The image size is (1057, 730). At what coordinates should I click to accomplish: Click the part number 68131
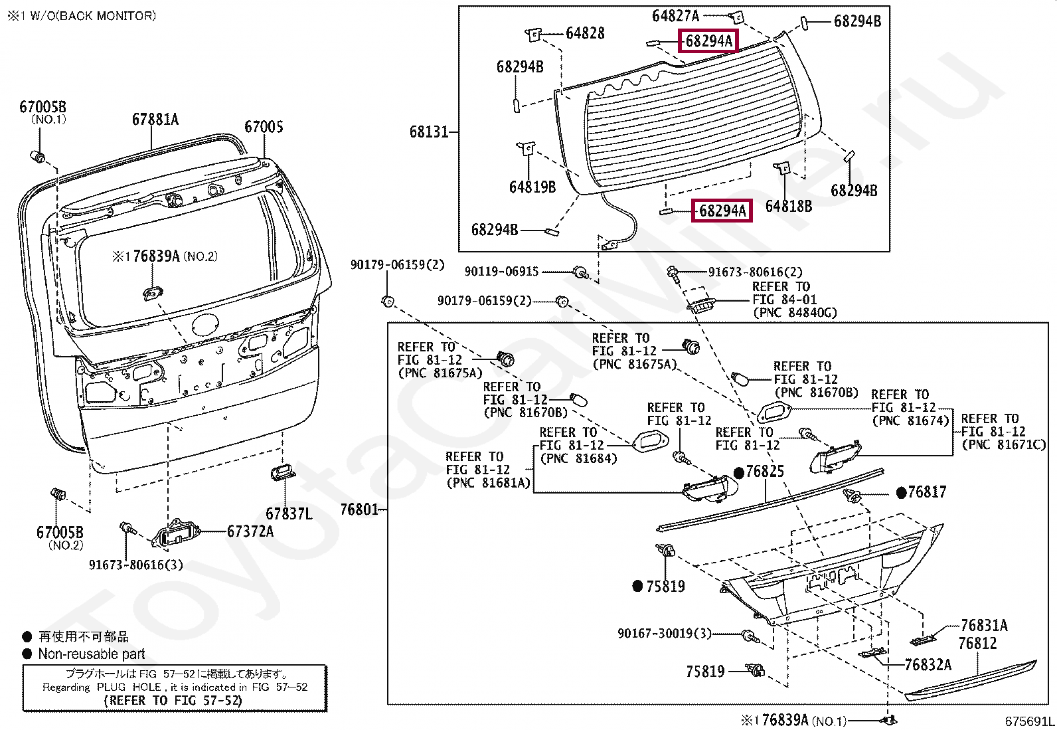(x=428, y=132)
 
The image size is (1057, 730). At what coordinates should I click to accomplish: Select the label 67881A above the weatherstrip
(x=155, y=120)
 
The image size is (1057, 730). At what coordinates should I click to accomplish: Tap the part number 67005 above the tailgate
(x=264, y=127)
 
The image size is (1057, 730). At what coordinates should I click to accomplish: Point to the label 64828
(x=585, y=33)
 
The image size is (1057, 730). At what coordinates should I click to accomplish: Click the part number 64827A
(x=675, y=16)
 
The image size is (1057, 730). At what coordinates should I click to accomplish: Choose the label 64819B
(x=532, y=187)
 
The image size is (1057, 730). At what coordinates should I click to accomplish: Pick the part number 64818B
(x=789, y=206)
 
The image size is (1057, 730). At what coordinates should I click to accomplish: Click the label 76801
(x=359, y=509)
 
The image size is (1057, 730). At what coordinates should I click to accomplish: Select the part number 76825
(x=764, y=471)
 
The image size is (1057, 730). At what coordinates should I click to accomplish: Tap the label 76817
(x=927, y=492)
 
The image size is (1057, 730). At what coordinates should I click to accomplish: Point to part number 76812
(x=977, y=643)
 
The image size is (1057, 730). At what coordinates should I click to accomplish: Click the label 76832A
(x=928, y=665)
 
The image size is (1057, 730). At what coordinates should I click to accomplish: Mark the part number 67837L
(x=289, y=513)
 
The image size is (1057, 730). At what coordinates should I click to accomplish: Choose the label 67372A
(x=250, y=531)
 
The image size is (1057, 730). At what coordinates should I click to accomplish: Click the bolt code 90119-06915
(x=501, y=272)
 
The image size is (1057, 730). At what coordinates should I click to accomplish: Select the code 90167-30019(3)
(x=665, y=633)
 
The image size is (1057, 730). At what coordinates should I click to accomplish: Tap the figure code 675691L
(x=1029, y=721)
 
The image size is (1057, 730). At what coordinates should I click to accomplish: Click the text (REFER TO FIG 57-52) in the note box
(x=173, y=700)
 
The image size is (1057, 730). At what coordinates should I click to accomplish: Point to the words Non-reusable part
(x=92, y=654)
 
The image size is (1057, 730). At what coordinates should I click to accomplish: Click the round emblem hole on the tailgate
(x=205, y=325)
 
